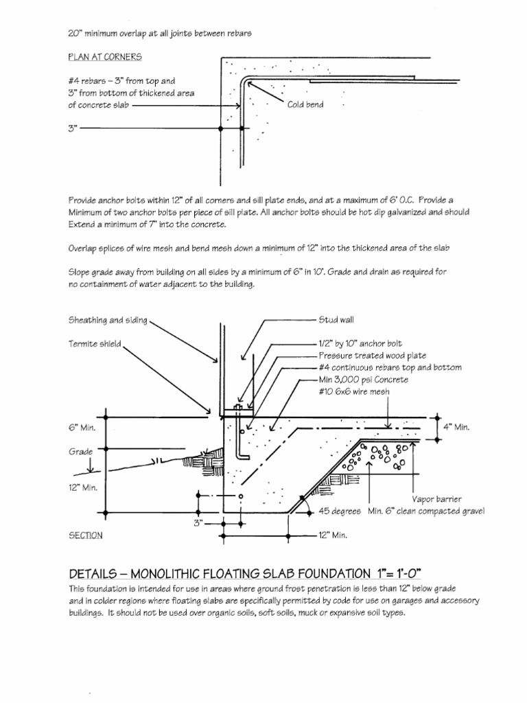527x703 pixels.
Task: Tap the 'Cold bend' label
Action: [305, 104]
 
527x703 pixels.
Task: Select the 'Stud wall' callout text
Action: [336, 319]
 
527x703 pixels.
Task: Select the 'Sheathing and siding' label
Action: [108, 320]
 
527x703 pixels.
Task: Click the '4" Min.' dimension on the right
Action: [456, 427]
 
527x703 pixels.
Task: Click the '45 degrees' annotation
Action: [341, 511]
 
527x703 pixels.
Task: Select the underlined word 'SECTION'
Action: [86, 535]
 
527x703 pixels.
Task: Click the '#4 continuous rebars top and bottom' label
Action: [390, 367]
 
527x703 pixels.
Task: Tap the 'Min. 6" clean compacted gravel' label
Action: [426, 511]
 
